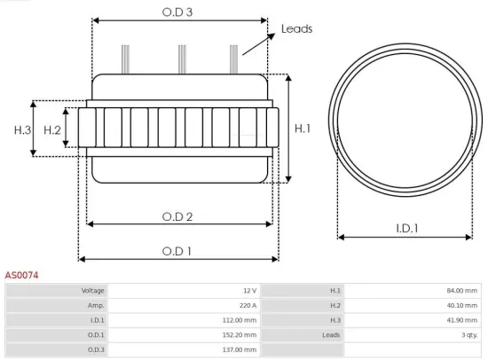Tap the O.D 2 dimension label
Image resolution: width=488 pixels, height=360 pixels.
[x=177, y=216]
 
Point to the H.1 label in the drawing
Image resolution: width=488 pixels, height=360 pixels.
[x=303, y=129]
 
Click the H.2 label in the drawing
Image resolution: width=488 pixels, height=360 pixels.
[x=52, y=130]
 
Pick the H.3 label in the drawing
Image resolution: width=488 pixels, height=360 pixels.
[x=22, y=130]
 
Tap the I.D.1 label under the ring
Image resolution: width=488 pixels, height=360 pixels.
[x=407, y=228]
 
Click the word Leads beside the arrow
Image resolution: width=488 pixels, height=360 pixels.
[x=296, y=29]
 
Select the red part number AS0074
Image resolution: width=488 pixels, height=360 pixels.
[x=21, y=276]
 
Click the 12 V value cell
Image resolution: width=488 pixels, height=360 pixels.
[x=248, y=290]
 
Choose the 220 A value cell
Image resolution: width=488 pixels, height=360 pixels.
[x=248, y=305]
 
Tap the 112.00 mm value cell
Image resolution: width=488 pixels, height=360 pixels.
[x=240, y=320]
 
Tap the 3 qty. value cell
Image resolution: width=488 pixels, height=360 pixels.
[x=469, y=334]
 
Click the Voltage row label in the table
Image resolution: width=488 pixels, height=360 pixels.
[x=93, y=290]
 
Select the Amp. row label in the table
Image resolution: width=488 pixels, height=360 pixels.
[x=97, y=305]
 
